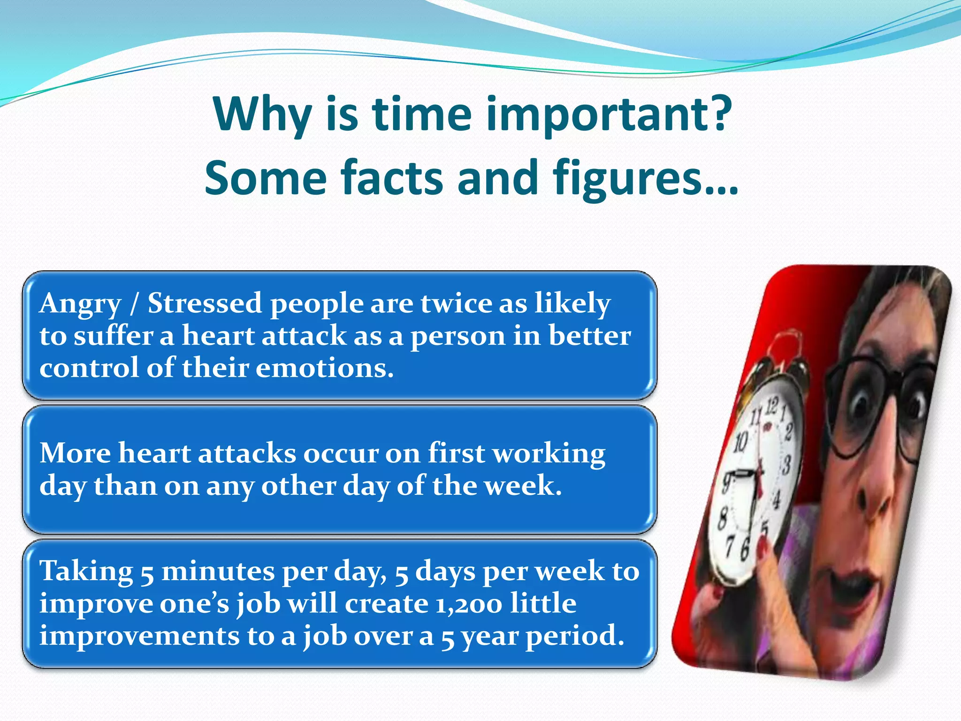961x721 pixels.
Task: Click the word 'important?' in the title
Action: pyautogui.click(x=609, y=115)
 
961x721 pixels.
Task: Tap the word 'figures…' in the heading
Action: pyautogui.click(x=645, y=178)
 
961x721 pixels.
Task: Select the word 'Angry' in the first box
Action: pyautogui.click(x=80, y=304)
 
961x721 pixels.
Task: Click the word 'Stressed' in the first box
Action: pyautogui.click(x=205, y=303)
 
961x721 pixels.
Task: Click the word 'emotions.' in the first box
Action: pyautogui.click(x=324, y=368)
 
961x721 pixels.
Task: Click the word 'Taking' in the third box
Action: pyautogui.click(x=86, y=572)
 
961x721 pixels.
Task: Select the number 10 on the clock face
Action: pyautogui.click(x=740, y=442)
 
